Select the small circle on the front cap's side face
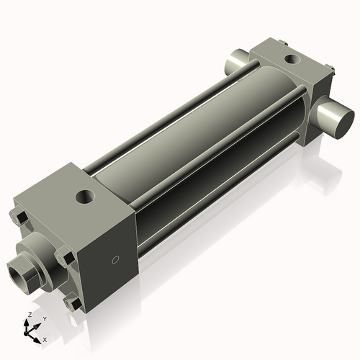click(112, 260)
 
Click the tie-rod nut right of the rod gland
click(66, 255)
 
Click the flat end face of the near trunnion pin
click(341, 119)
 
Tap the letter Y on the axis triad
click(44, 318)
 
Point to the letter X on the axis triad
click(45, 338)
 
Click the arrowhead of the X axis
click(39, 336)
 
